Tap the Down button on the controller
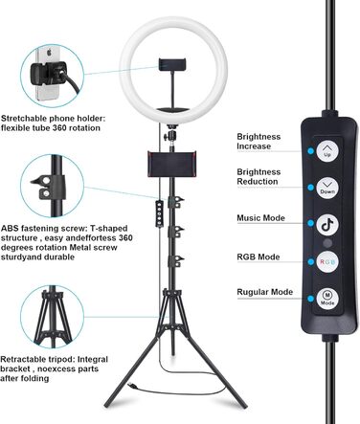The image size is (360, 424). coord(327,188)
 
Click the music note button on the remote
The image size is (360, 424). coord(327,225)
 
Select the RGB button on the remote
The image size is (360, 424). coord(327,261)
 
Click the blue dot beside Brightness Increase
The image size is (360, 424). coord(310,151)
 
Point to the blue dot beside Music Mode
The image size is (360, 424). coord(310,223)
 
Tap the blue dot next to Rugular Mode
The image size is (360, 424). coord(310,299)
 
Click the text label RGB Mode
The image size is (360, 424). coord(259,257)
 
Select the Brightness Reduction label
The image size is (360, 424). coord(259,176)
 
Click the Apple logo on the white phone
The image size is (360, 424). coord(49,53)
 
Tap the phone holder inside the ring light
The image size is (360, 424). coord(172,65)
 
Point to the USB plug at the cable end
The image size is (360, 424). coord(132,387)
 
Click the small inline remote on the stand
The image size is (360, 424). coord(159,213)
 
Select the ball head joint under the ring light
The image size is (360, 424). coord(171,134)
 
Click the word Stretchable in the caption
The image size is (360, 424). coord(24,119)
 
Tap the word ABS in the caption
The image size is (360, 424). coord(9,229)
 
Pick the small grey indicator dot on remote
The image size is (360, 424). coord(327,243)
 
